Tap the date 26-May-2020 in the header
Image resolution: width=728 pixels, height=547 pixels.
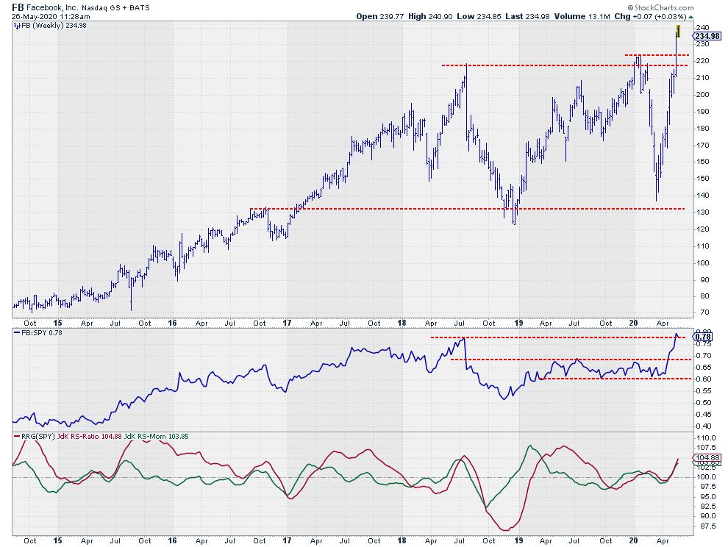(x=36, y=15)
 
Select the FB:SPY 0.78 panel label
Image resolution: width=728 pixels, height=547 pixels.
(x=40, y=333)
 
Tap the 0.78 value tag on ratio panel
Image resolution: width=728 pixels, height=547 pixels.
(x=702, y=337)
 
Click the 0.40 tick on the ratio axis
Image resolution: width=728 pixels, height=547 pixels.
(x=702, y=426)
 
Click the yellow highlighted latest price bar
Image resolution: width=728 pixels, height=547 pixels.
(x=678, y=32)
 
